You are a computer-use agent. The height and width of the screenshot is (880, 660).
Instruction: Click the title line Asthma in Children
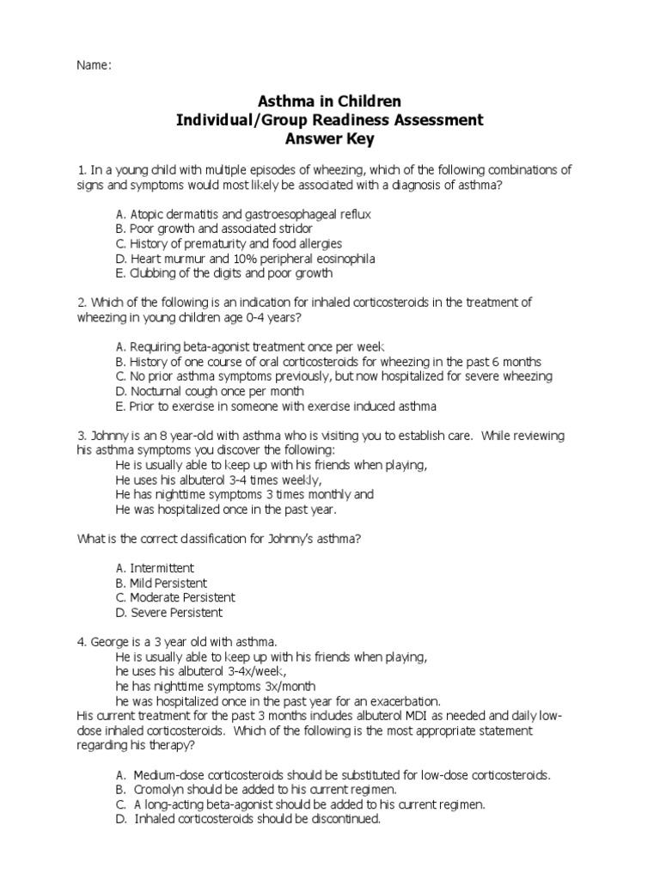point(330,102)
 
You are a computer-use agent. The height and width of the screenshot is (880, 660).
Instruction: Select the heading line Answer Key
point(330,138)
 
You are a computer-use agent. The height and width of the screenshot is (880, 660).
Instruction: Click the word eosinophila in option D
point(343,259)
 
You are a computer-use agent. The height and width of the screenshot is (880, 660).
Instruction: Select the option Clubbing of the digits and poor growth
point(223,273)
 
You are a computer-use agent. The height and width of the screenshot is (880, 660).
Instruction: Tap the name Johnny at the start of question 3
point(108,436)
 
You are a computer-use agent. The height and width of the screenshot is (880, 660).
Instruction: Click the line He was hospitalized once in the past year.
point(226,509)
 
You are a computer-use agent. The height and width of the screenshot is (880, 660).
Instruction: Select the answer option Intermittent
point(155,568)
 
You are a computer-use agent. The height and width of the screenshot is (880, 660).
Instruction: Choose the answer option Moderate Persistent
point(174,597)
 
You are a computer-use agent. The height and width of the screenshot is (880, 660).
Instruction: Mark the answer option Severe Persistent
point(168,613)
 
